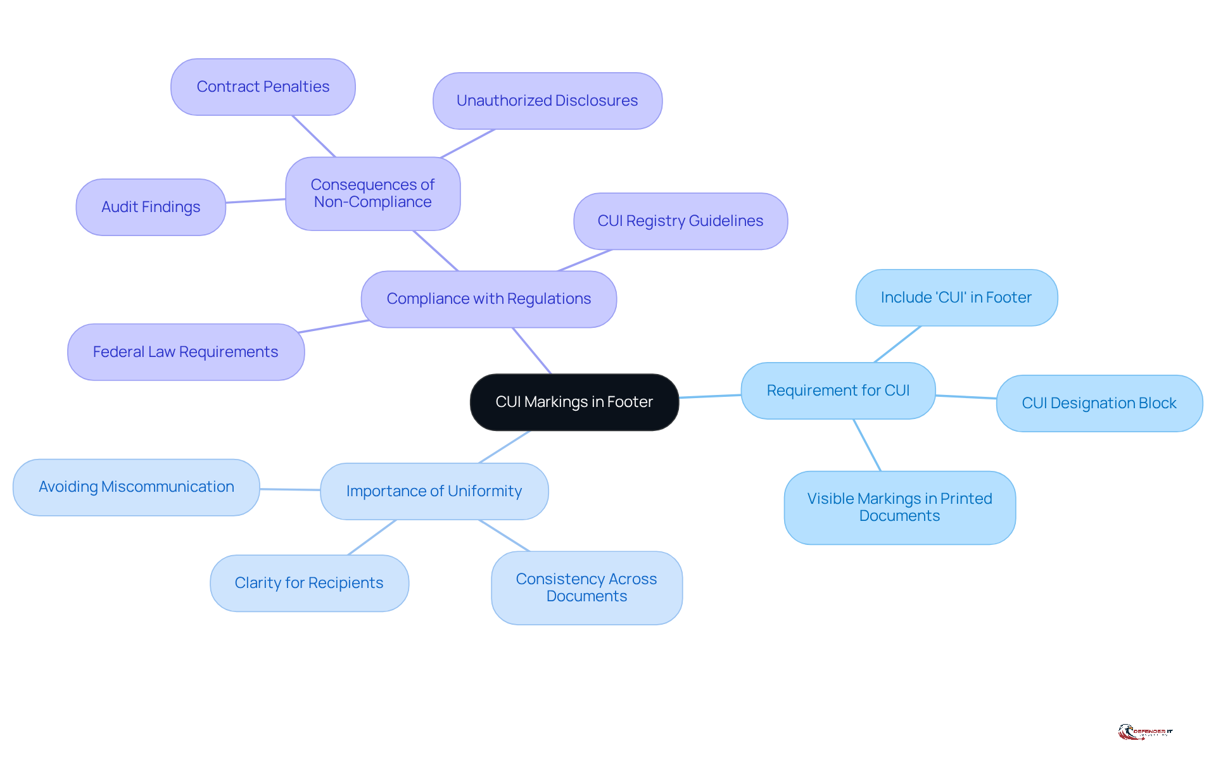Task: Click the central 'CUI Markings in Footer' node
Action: tap(574, 402)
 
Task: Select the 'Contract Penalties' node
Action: tap(263, 87)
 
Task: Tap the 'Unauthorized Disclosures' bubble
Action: tap(547, 101)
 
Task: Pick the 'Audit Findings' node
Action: tap(151, 207)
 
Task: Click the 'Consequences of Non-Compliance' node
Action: tap(372, 194)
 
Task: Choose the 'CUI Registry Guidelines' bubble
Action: tap(680, 221)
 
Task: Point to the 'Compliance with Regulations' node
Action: tap(488, 299)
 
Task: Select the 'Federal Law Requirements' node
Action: tap(186, 352)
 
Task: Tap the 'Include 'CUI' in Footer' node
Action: tap(956, 297)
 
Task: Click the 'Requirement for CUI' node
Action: tap(838, 391)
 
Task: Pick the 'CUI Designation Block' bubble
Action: tap(1099, 403)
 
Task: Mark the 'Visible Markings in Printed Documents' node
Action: tap(899, 508)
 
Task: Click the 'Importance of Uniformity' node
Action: tap(434, 491)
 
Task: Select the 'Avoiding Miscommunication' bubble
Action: tap(136, 487)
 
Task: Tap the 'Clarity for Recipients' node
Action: tap(309, 583)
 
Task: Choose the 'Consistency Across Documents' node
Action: tap(586, 588)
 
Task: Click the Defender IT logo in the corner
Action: tap(1145, 732)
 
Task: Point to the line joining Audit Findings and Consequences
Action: tap(255, 201)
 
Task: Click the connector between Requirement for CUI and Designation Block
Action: tap(966, 397)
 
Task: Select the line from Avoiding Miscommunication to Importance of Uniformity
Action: tap(290, 489)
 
